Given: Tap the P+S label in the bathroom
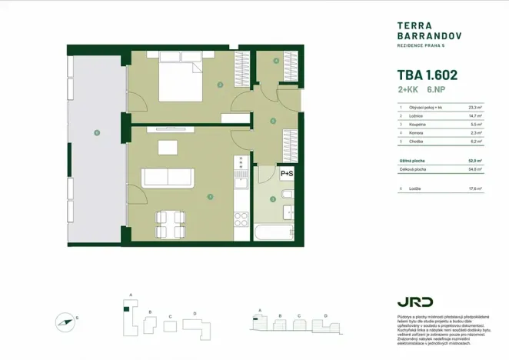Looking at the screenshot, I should tap(287, 174).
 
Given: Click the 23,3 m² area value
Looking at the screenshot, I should tap(475, 108).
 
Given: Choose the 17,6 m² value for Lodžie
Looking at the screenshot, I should tap(475, 188).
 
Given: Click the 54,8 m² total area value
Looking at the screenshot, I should tap(475, 169).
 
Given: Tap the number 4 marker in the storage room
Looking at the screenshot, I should tap(276, 60).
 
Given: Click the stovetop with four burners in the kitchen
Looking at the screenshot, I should tap(241, 162).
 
